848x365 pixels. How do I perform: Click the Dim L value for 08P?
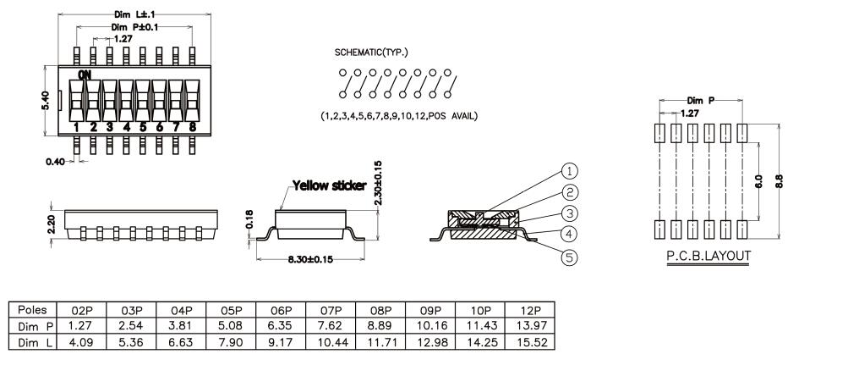380,342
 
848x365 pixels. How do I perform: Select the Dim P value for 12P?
530,326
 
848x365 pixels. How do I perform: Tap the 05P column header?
232,310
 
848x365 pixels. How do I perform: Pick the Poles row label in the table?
32,310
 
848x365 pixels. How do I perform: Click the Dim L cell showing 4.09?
82,342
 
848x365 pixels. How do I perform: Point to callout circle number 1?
569,172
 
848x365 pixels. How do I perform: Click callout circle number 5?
569,257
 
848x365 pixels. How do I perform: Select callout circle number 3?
569,213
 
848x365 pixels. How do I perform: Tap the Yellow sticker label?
330,185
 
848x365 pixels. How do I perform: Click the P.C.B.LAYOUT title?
708,256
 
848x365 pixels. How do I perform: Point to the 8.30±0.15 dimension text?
310,259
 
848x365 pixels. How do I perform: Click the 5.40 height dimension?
46,102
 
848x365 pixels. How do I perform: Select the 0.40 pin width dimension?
55,161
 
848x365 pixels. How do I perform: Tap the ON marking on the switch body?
85,75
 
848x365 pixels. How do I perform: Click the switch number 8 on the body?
193,127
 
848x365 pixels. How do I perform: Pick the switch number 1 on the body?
76,127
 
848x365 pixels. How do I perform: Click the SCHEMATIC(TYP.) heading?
371,53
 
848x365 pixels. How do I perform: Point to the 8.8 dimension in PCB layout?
780,180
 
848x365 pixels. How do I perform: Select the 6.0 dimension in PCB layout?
758,181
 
